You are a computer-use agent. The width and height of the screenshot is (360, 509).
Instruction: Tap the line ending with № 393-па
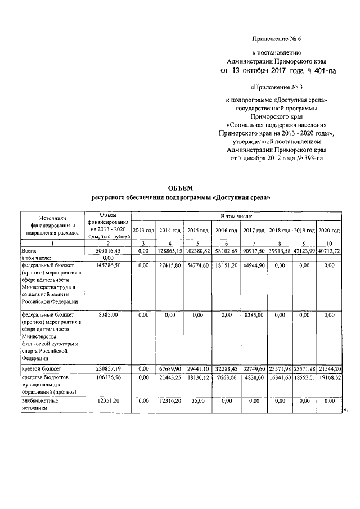pos(276,159)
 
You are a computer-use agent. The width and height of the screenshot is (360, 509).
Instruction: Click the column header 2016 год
pos(227,231)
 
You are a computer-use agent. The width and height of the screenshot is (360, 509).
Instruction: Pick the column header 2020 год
pos(329,231)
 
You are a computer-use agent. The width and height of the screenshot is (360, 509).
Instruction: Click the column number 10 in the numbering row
pos(329,242)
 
